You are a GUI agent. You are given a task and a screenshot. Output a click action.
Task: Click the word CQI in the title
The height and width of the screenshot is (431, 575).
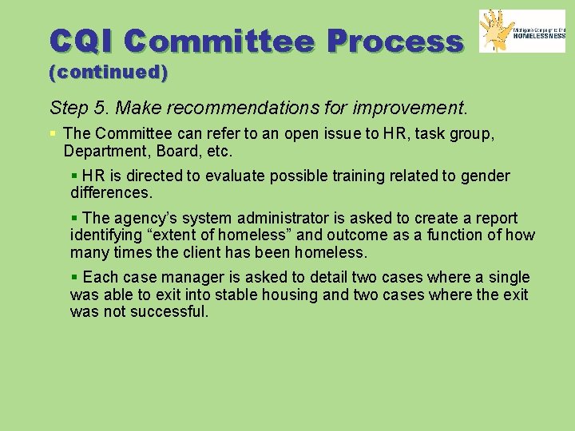[81, 41]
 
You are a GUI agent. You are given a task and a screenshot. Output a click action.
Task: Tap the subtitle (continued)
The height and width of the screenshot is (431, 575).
[109, 73]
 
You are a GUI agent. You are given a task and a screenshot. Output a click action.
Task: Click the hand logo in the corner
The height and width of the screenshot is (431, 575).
[500, 31]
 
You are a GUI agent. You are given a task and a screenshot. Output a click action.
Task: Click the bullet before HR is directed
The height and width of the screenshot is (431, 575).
[74, 176]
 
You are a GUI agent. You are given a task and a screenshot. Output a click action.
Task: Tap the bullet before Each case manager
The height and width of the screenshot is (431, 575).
[74, 277]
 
